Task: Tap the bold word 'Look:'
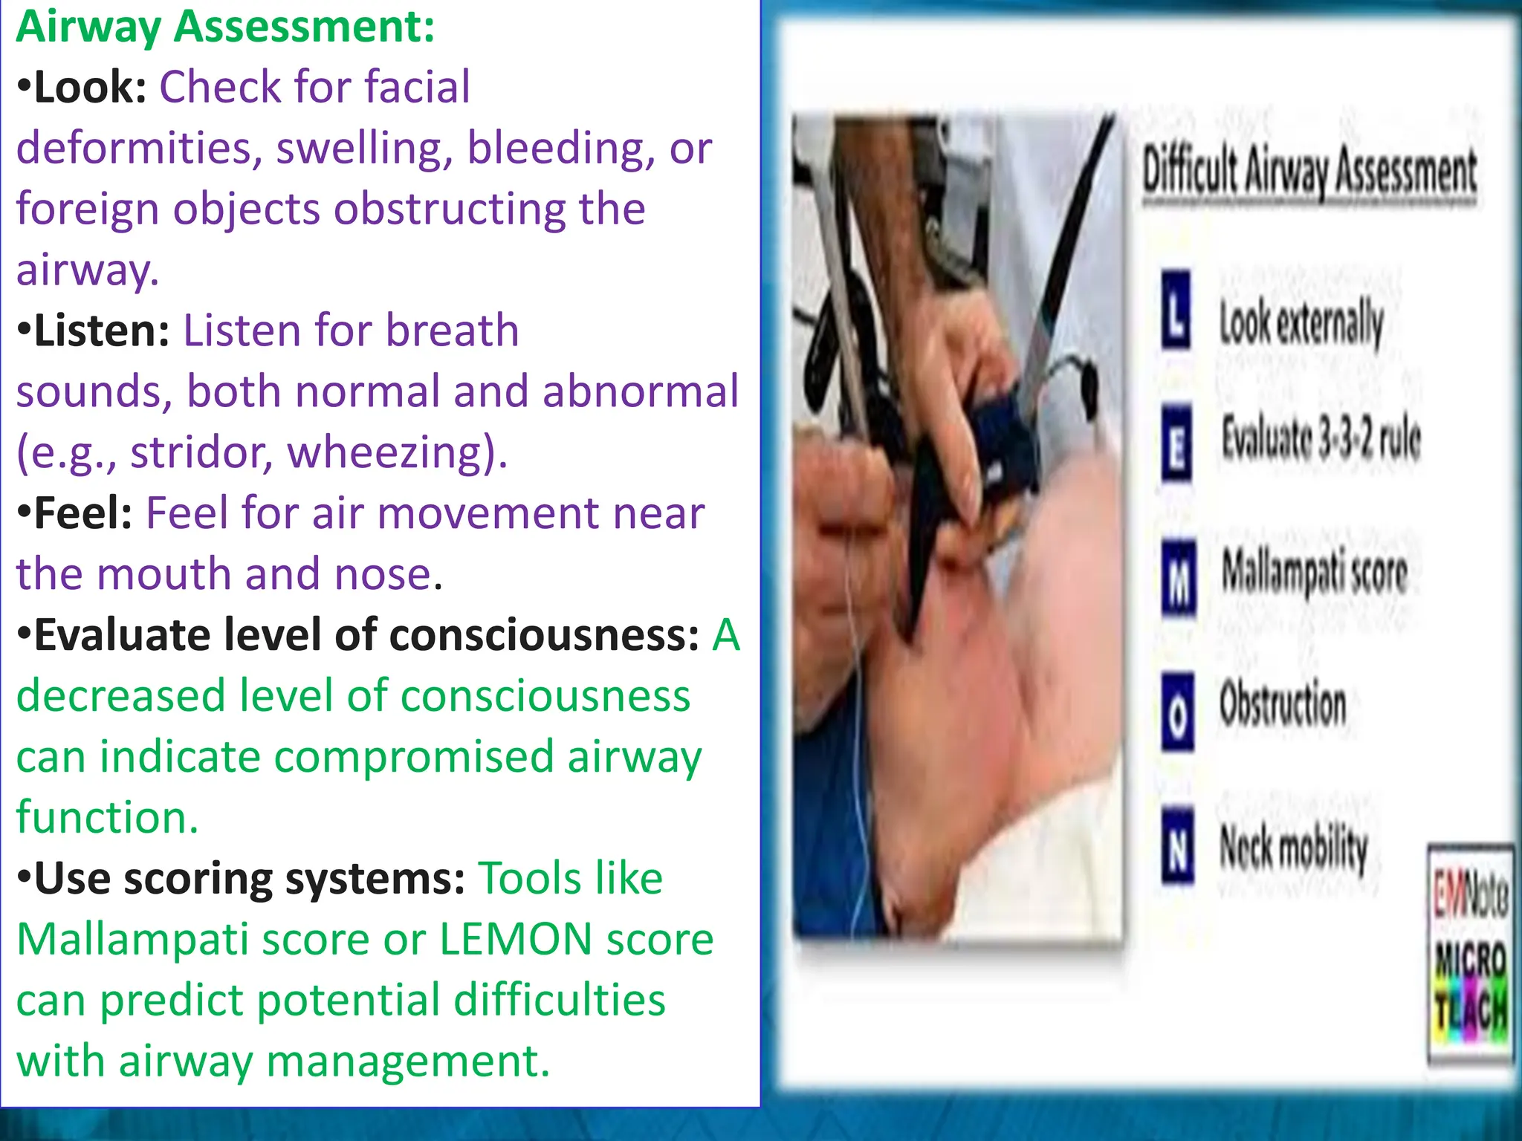point(91,88)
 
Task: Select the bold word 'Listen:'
point(103,331)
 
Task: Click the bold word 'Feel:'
point(83,514)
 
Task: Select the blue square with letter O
point(1178,711)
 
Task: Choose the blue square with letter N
point(1178,845)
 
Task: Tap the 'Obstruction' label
point(1283,704)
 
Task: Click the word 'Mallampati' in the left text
point(132,940)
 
